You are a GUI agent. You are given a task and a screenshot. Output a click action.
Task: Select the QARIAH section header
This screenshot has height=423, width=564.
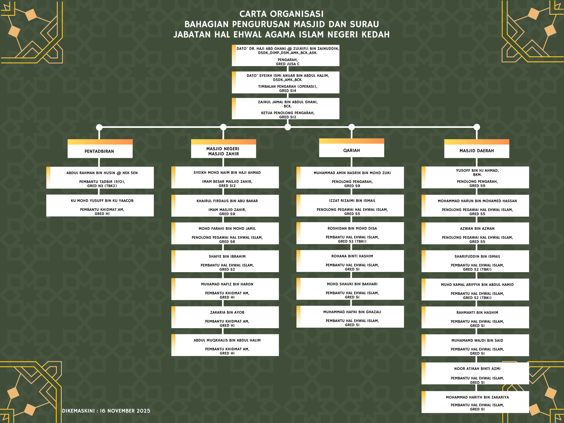click(351, 150)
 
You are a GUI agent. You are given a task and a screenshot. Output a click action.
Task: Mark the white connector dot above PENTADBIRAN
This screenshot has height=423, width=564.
click(99, 127)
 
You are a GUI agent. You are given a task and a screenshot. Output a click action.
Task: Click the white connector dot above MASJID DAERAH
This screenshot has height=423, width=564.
click(477, 127)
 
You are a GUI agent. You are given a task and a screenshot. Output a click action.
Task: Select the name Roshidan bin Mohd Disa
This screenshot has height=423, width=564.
click(352, 228)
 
